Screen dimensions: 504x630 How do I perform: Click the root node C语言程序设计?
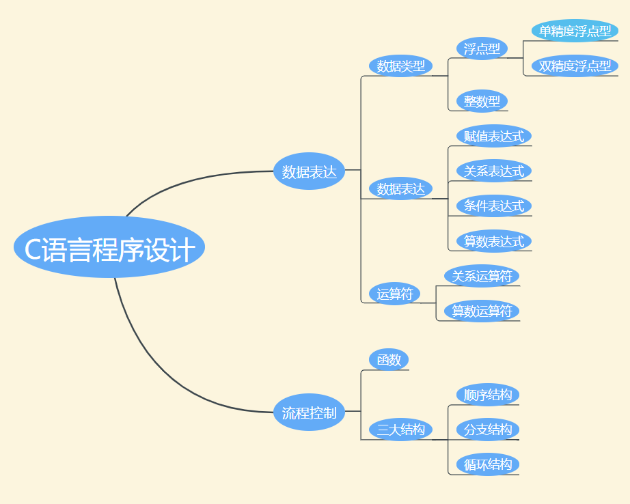click(x=109, y=247)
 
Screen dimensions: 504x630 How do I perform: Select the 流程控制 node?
click(x=309, y=412)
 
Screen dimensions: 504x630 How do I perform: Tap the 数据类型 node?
click(x=400, y=66)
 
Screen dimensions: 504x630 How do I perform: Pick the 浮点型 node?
click(x=482, y=48)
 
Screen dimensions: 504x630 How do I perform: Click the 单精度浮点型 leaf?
click(x=575, y=31)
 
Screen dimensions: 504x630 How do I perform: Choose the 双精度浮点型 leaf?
click(x=575, y=66)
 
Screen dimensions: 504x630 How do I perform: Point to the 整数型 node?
click(x=482, y=101)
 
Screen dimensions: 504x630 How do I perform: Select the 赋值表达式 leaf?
click(x=493, y=136)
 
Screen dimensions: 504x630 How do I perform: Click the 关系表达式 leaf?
click(x=493, y=171)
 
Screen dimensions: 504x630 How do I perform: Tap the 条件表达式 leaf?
click(x=493, y=206)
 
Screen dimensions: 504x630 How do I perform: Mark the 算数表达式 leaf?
click(x=493, y=241)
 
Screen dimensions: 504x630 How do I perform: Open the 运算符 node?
click(x=395, y=294)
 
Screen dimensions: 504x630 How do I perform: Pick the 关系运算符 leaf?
click(x=482, y=276)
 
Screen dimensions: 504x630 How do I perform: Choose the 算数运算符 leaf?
click(x=482, y=311)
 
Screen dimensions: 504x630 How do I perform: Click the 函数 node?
click(x=389, y=360)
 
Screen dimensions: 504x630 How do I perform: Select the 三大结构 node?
click(x=400, y=430)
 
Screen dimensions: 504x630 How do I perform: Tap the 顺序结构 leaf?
click(x=487, y=395)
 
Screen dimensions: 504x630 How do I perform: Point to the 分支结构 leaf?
click(x=487, y=430)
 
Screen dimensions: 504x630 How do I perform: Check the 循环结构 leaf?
click(x=487, y=464)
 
